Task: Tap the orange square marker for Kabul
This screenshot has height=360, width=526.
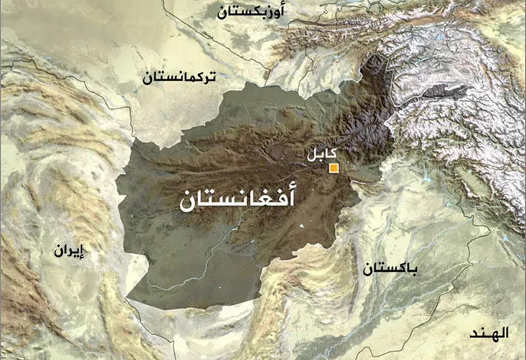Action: [x=333, y=168]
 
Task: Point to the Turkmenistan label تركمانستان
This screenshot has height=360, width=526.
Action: [x=178, y=78]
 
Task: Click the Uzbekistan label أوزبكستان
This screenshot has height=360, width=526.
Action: [x=250, y=11]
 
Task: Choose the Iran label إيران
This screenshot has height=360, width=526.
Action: [x=70, y=251]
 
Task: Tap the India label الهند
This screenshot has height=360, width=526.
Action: [x=490, y=334]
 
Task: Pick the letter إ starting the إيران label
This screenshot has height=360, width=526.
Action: [x=85, y=251]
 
